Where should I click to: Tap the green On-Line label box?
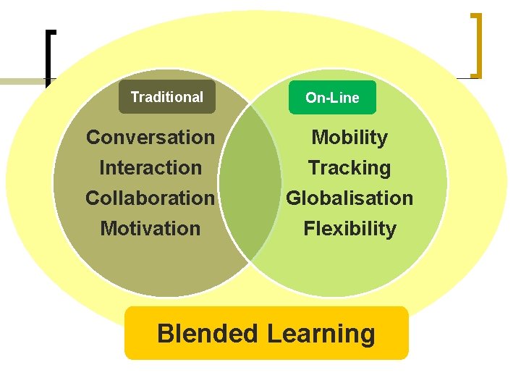332,98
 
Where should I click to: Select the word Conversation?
151,137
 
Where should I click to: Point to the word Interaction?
151,167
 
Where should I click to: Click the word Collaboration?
150,198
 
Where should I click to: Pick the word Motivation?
150,228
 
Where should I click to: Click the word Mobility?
350,137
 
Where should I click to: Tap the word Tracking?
350,167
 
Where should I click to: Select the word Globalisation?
350,198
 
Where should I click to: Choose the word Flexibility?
350,228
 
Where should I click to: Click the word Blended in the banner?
207,334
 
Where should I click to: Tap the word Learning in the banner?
321,334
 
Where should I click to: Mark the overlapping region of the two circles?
250,181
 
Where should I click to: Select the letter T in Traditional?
134,97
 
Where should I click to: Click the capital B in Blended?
165,334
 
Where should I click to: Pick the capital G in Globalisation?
294,198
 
